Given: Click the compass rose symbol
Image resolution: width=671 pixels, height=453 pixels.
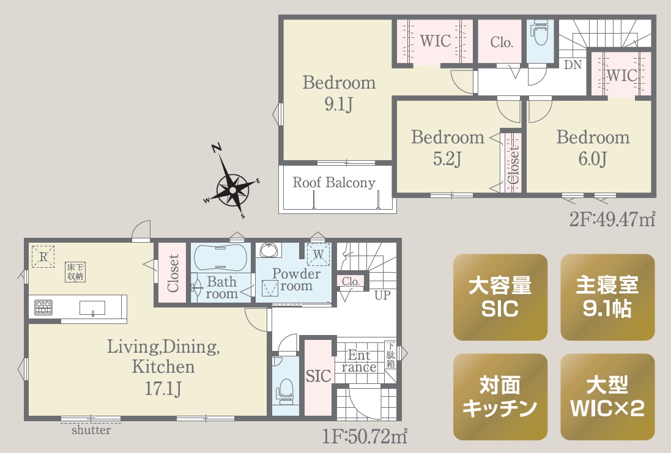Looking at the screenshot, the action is tap(232, 189).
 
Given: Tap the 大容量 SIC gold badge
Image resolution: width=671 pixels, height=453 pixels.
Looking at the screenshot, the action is tap(500, 297).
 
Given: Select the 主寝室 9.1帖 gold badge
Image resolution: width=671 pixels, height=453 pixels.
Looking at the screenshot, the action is tap(607, 297).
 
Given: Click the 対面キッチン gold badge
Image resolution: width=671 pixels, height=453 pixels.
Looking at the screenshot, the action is tap(500, 397).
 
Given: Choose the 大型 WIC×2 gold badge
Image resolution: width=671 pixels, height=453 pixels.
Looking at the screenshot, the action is tap(607, 397).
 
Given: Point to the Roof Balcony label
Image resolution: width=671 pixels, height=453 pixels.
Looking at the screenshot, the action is tap(334, 183).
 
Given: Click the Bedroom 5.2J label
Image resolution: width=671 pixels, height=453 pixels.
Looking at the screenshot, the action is tap(448, 147).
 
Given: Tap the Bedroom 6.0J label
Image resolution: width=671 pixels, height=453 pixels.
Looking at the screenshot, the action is tap(593, 147).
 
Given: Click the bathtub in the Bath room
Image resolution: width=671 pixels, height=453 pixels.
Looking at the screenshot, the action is tap(220, 257).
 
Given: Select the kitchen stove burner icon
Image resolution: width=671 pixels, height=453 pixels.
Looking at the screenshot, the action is tap(43, 308).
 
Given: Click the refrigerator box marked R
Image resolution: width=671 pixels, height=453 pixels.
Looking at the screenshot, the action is tap(43, 257).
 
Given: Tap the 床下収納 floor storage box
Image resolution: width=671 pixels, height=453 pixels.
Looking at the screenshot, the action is tap(75, 272).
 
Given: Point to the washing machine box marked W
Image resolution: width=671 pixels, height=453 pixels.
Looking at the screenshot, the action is tap(319, 254).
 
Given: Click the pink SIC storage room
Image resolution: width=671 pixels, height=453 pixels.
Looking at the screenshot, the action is tap(318, 377).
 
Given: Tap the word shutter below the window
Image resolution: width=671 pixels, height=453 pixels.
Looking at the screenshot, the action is tap(91, 430).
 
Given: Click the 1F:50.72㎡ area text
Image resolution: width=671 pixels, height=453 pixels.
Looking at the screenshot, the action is tap(365, 436).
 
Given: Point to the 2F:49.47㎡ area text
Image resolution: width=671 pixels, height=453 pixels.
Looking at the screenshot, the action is tap(612, 219).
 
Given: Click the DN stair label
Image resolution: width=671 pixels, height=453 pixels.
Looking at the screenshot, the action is tap(573, 65).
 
